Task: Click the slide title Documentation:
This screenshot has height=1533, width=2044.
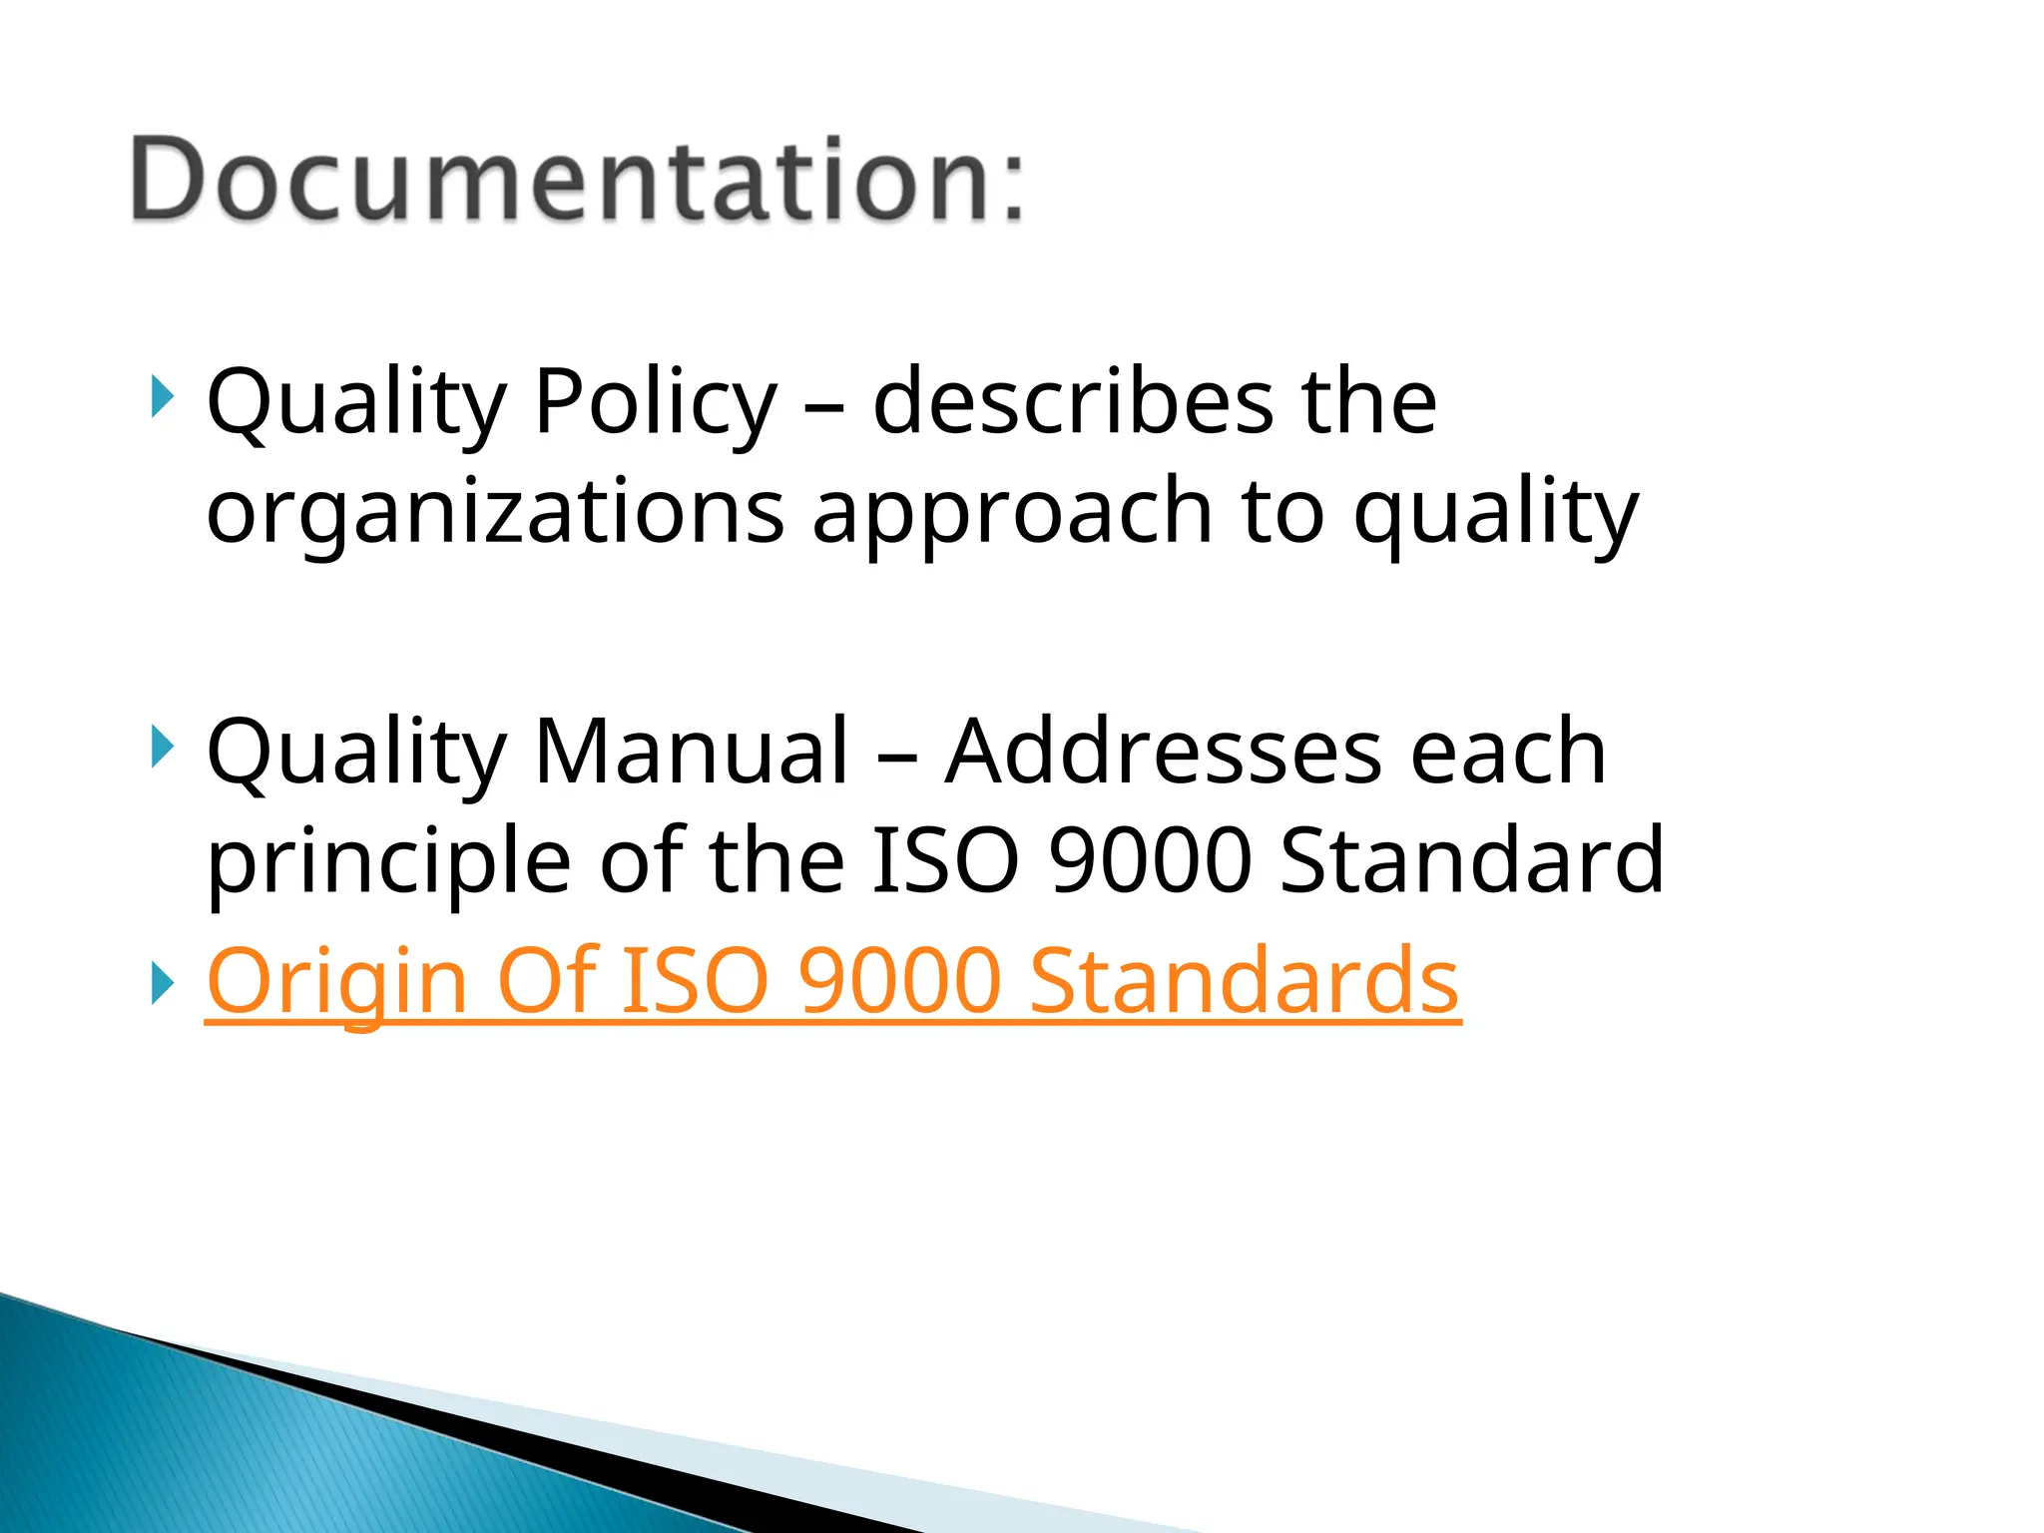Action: click(577, 180)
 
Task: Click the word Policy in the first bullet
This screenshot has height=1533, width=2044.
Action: click(655, 403)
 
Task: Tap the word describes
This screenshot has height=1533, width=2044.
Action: click(1073, 401)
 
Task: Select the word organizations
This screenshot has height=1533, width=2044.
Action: click(495, 513)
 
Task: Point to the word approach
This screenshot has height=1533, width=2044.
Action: click(1012, 513)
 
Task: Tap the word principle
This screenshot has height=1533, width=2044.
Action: click(388, 862)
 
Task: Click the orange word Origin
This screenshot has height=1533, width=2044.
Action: click(336, 982)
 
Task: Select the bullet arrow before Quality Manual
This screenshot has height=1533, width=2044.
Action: click(162, 747)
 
